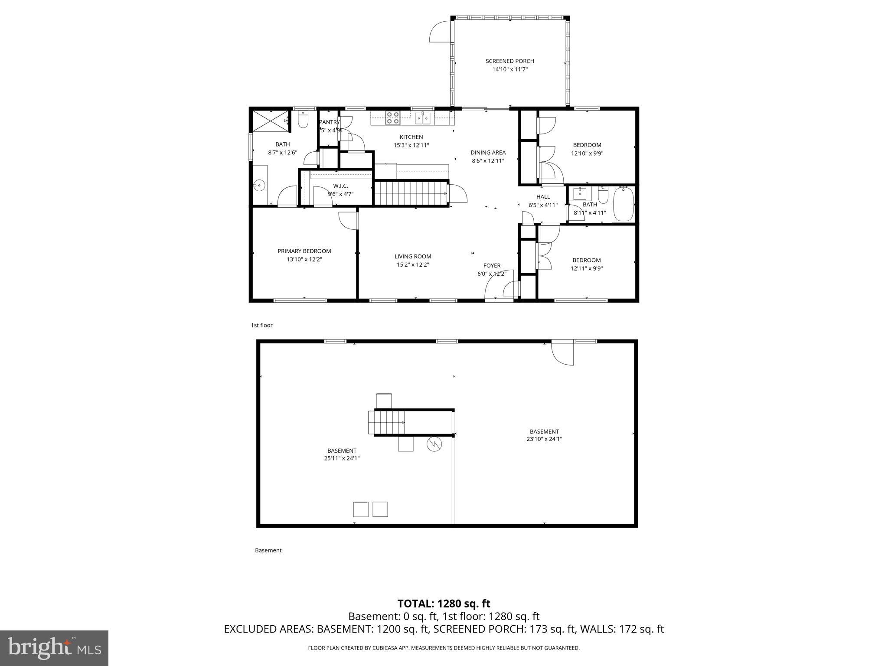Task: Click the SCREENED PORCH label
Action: point(509,61)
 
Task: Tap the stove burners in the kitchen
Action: point(393,118)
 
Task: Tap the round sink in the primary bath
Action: point(259,186)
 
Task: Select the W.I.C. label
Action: point(340,186)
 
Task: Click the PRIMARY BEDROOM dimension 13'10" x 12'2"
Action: point(304,259)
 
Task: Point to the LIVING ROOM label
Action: point(413,256)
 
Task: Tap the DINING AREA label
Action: point(488,153)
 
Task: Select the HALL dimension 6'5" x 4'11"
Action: point(543,205)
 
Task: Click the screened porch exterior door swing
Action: point(440,31)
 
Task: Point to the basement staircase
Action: point(387,422)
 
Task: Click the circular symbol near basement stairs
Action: point(434,444)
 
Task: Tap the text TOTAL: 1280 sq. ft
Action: point(444,604)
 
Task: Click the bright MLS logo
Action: point(54,648)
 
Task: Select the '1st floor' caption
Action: point(261,325)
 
